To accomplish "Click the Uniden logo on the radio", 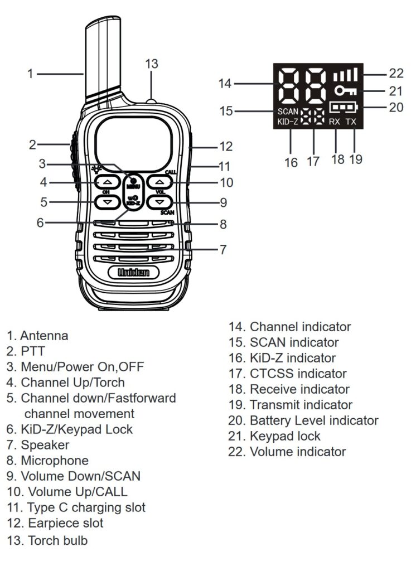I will coord(133,273).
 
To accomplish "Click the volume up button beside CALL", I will coord(160,182).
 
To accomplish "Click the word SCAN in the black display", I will coord(288,111).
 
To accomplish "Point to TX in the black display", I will coord(351,122).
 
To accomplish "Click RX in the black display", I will coord(335,122).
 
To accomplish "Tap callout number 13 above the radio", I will coord(152,64).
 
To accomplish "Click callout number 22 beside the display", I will coord(396,73).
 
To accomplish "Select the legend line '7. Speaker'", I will coord(38,445).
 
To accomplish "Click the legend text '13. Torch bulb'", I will coord(47,540).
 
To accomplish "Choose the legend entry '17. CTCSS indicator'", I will coord(287,374).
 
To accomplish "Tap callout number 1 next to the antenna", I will coord(31,73).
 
